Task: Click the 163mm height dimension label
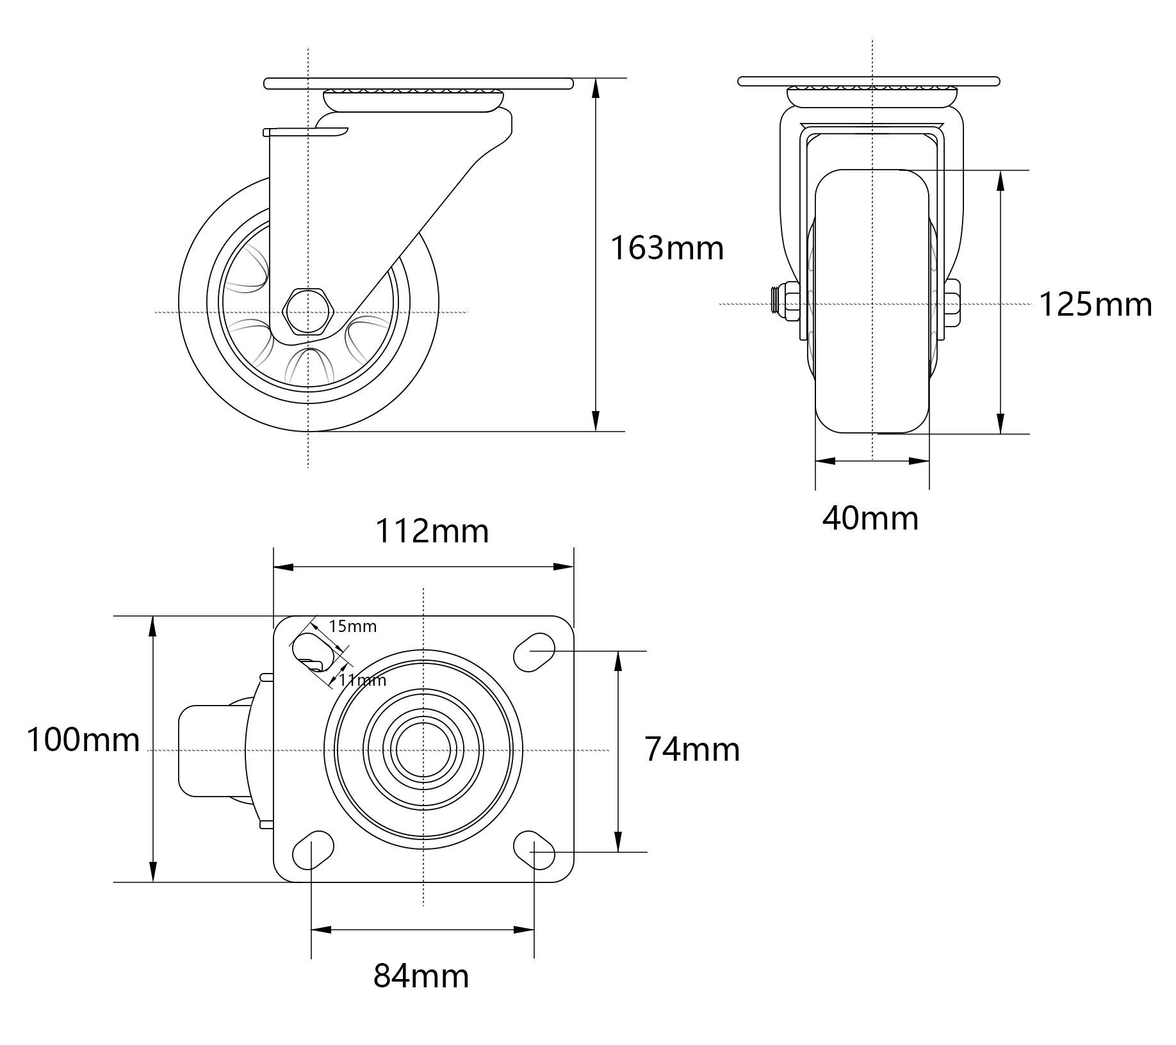667,248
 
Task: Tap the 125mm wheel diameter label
1095,304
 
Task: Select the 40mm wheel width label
870,518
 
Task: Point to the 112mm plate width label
432,531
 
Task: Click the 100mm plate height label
83,740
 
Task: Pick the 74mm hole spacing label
692,749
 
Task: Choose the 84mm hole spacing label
421,976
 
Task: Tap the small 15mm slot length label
352,626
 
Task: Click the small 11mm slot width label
363,679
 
